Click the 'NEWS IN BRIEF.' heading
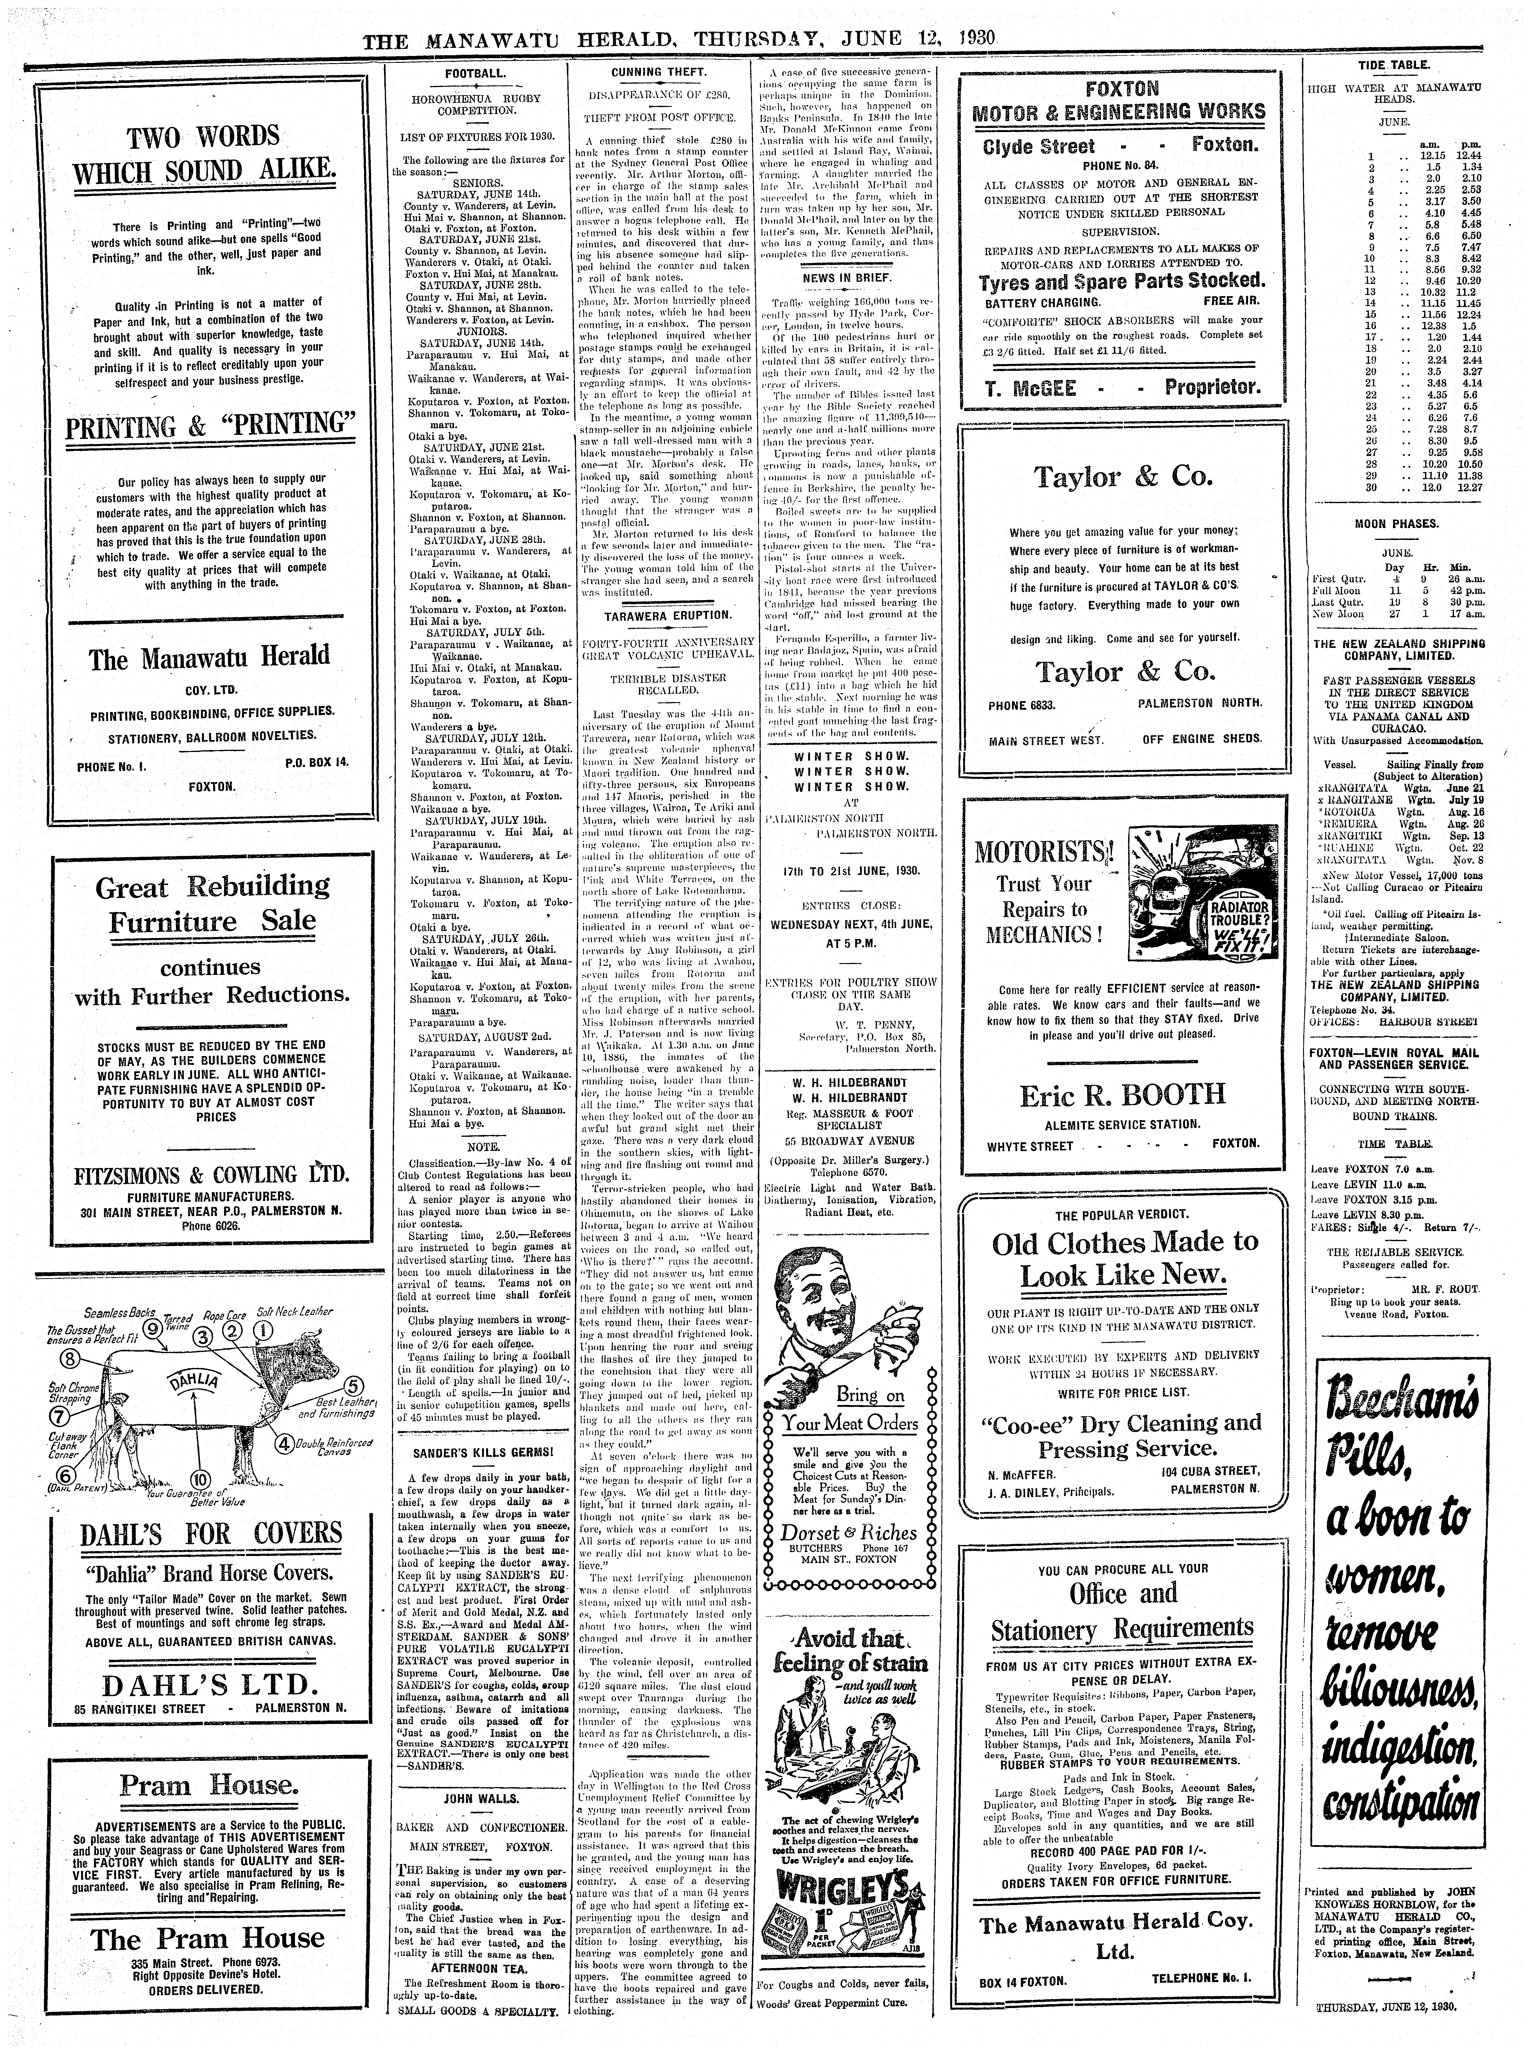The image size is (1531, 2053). (846, 278)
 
